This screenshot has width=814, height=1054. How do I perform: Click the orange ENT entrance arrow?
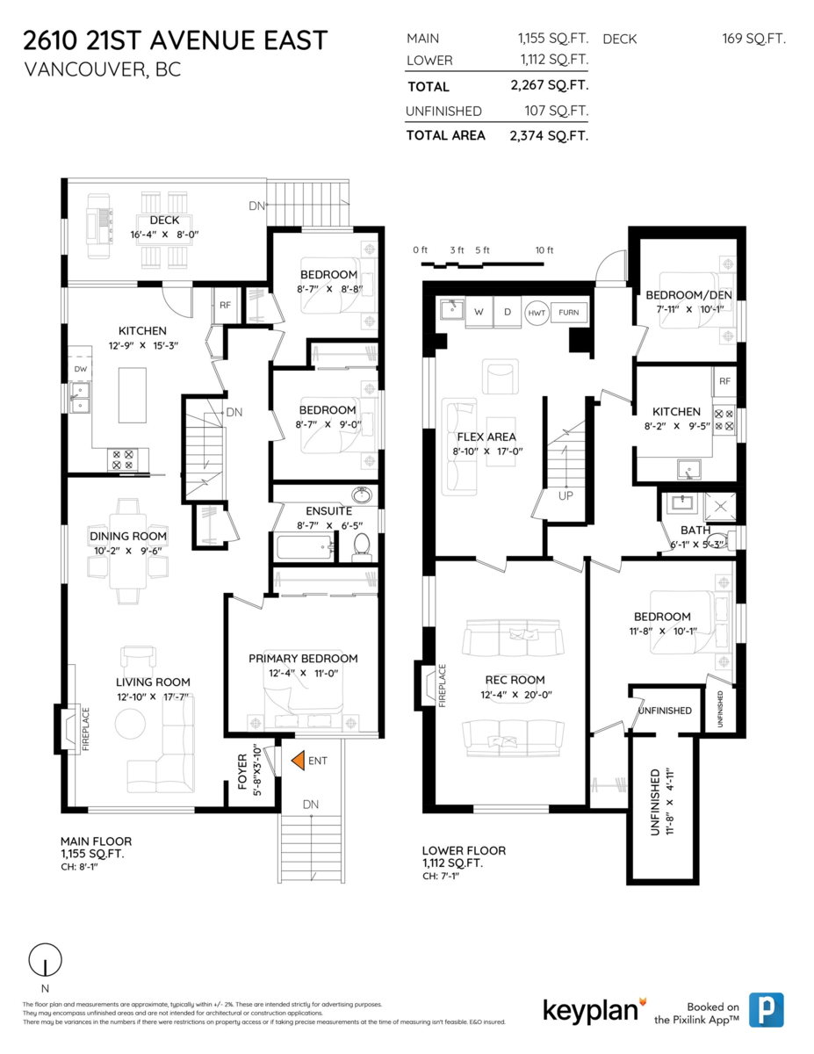[x=299, y=760]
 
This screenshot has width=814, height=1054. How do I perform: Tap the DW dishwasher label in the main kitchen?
[x=81, y=369]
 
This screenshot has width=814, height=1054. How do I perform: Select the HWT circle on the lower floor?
[x=537, y=313]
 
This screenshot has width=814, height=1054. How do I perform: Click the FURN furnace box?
[x=569, y=313]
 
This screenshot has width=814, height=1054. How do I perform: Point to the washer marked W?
[x=479, y=313]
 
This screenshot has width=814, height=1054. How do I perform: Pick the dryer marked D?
[x=508, y=313]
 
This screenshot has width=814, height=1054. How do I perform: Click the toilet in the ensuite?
[x=361, y=547]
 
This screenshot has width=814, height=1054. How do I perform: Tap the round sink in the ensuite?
[x=361, y=495]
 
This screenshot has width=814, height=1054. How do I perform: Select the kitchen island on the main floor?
[x=133, y=395]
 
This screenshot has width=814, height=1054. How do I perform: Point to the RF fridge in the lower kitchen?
[x=724, y=381]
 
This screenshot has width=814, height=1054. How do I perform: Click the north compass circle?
[x=45, y=960]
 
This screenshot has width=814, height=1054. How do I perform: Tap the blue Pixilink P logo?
[x=766, y=1010]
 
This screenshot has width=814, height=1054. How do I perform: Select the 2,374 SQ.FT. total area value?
[x=549, y=136]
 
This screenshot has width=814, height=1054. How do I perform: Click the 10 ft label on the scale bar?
[x=544, y=250]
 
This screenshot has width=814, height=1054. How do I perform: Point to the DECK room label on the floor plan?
[x=164, y=220]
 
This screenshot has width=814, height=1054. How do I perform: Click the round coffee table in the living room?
[x=130, y=724]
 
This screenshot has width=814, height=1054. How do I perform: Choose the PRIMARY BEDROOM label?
[x=303, y=658]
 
